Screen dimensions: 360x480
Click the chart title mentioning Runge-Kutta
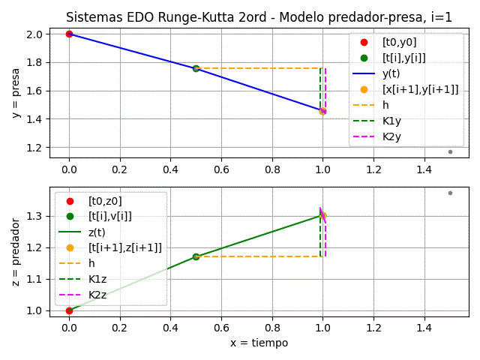click(259, 17)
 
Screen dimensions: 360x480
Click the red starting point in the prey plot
click(69, 34)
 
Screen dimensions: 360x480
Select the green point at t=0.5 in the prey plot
click(196, 68)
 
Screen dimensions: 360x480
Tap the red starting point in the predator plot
click(69, 310)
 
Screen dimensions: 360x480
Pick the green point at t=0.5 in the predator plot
click(196, 256)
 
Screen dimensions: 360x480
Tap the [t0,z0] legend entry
click(104, 200)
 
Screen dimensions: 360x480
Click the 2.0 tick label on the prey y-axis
click(33, 34)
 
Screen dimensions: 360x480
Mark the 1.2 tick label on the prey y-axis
click(33, 148)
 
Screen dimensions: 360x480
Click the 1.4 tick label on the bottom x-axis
click(424, 328)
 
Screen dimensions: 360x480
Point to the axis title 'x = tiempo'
click(259, 343)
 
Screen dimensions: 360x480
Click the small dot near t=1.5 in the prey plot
click(450, 151)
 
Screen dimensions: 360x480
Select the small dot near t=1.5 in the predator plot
click(450, 193)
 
